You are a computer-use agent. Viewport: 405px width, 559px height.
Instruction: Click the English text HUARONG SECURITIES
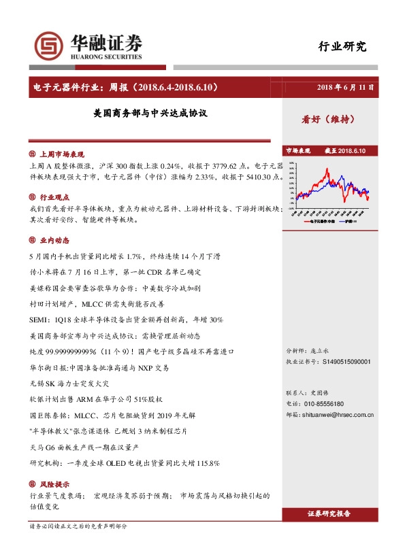click(106, 57)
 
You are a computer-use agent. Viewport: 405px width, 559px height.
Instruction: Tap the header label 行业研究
click(342, 47)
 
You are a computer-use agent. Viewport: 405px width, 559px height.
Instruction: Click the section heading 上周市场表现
click(62, 154)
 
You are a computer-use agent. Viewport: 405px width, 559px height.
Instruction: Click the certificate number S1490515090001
click(346, 362)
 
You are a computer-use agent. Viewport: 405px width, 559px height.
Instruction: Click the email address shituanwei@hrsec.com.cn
click(345, 414)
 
